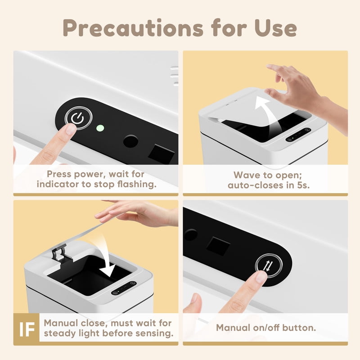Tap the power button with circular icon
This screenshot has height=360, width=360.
click(78, 118)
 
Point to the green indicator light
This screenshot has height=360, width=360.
click(100, 128)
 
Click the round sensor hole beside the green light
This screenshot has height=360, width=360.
click(130, 141)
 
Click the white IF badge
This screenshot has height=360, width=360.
click(27, 329)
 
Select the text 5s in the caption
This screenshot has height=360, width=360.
click(303, 185)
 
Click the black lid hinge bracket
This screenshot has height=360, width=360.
click(59, 252)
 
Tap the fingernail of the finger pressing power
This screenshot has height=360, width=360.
click(71, 129)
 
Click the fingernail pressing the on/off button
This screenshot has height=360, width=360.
click(262, 277)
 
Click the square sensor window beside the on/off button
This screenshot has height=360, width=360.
click(218, 246)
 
